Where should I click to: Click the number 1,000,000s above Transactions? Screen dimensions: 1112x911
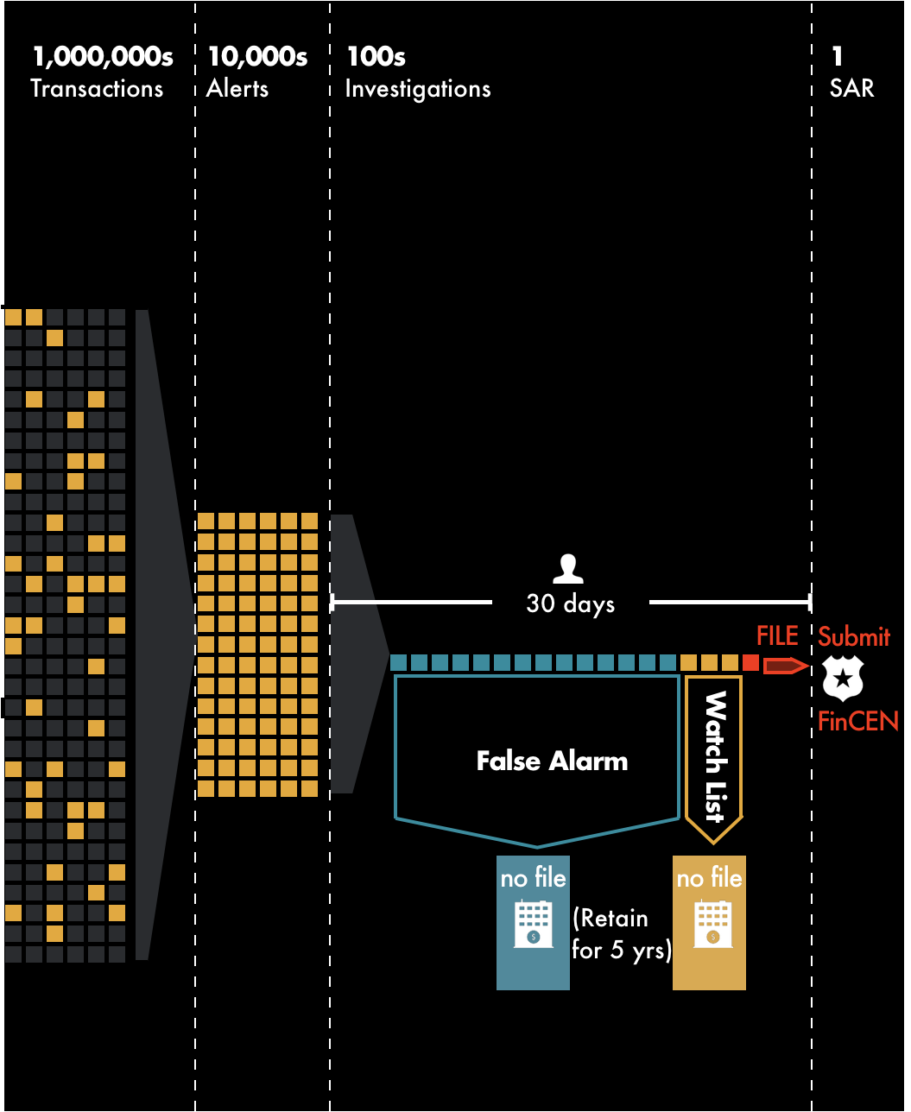(102, 57)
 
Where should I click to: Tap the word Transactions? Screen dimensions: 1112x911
(97, 89)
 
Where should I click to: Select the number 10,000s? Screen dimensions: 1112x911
(257, 57)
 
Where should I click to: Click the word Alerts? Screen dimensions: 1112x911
(237, 89)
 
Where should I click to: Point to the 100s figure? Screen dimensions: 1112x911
(376, 57)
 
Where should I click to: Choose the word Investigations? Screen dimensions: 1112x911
(418, 89)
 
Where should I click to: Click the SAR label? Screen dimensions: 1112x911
(851, 89)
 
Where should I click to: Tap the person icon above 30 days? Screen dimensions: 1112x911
(567, 569)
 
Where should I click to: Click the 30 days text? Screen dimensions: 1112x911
(571, 603)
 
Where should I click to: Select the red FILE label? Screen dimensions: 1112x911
(777, 637)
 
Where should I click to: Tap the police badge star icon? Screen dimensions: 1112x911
(842, 679)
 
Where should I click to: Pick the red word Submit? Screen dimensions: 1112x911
(854, 637)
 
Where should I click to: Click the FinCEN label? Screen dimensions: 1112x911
(858, 721)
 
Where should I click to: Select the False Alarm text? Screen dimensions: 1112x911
(552, 761)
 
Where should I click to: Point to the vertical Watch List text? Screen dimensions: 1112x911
(714, 756)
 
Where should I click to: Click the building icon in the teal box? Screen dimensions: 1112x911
(533, 924)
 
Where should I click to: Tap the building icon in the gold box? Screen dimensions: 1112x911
(712, 924)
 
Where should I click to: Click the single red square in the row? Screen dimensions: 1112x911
(750, 663)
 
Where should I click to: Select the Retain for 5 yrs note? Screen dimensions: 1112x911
(622, 934)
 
